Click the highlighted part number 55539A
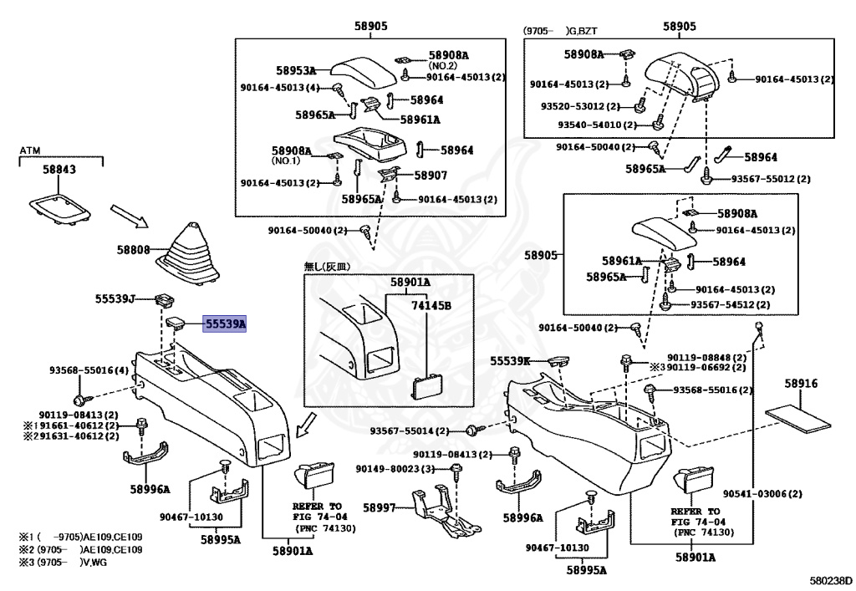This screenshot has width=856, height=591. click(224, 324)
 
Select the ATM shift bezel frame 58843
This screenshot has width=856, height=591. click(60, 207)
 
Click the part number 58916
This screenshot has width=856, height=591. click(801, 383)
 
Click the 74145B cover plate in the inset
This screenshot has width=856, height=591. click(425, 387)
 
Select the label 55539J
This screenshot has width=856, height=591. click(115, 298)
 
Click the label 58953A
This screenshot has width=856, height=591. click(296, 70)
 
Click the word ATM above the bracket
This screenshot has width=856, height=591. click(30, 150)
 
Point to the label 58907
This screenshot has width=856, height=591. click(431, 176)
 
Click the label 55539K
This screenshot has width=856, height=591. click(510, 361)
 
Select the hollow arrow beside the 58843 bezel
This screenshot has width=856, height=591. click(130, 217)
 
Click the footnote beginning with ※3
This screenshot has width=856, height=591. click(63, 563)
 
